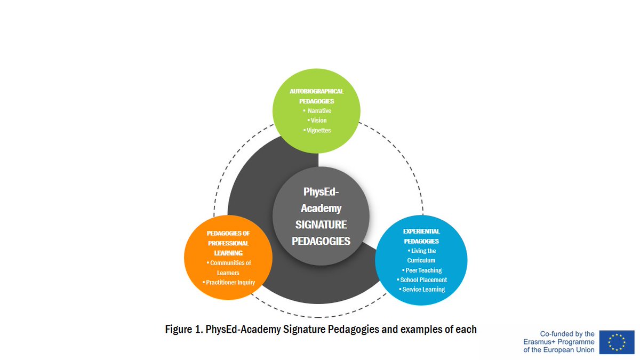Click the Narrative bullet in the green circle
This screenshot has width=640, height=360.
pos(318,111)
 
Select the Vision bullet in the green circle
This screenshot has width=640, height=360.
pos(318,121)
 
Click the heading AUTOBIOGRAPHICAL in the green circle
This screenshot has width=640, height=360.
pos(317,91)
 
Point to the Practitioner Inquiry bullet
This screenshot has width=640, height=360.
pos(230,282)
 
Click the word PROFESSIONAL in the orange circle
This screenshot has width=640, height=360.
pos(228,243)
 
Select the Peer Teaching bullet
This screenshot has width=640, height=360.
pos(422,270)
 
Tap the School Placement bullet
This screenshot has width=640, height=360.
pos(422,280)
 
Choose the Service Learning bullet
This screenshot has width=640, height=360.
pos(422,290)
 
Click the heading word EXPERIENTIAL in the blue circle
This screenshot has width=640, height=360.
pos(421,231)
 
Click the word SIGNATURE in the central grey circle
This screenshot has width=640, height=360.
pos(321,224)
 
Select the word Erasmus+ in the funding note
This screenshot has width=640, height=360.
pos(539,342)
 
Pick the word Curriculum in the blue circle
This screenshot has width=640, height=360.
pos(421,260)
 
